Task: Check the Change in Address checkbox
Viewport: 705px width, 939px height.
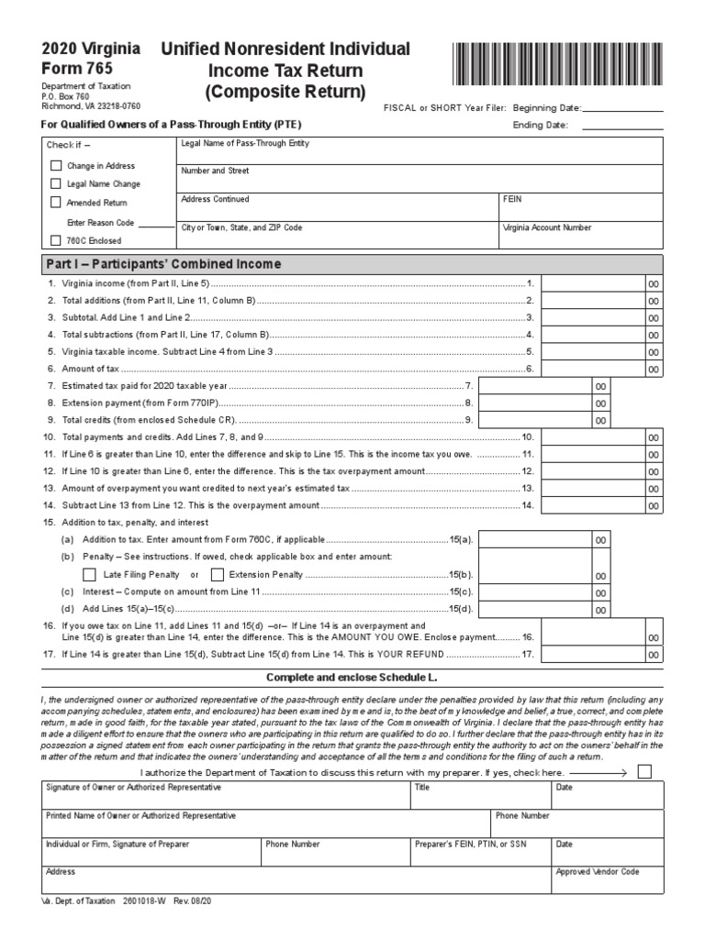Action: [56, 166]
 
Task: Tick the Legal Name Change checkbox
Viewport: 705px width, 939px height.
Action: [56, 184]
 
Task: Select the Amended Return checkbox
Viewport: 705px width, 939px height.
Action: [56, 203]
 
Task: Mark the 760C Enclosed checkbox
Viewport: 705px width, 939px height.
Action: [56, 240]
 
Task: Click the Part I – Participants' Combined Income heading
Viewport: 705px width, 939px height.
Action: [163, 264]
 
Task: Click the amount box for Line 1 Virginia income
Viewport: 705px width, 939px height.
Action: [592, 284]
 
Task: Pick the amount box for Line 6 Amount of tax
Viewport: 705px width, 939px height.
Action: [592, 369]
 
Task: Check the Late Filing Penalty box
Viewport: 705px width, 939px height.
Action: [89, 575]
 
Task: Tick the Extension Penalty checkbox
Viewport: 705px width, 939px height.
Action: [218, 575]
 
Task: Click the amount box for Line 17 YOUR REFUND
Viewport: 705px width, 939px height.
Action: [592, 655]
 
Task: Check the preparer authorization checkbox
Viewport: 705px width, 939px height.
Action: [644, 772]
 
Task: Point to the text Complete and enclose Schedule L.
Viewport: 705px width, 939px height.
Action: [352, 677]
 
